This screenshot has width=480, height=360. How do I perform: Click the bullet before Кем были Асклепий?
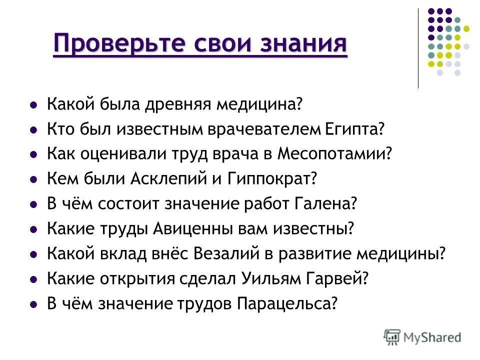coord(33,179)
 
